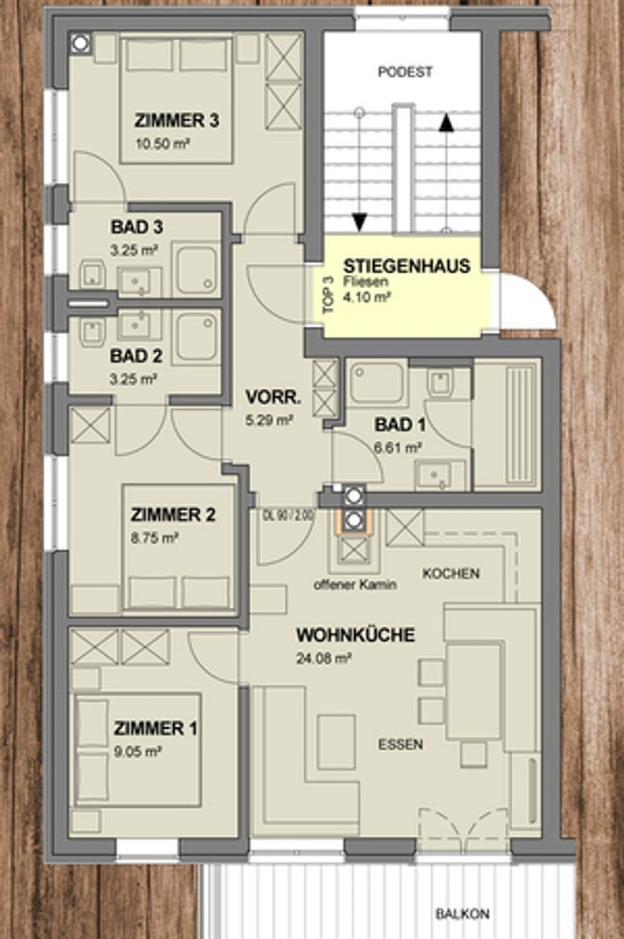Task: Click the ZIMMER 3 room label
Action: tap(176, 120)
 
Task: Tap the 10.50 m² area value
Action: tap(162, 144)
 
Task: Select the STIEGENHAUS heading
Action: tap(406, 265)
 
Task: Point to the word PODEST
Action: tap(405, 72)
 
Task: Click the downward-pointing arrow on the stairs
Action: tap(358, 221)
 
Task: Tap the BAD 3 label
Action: tap(136, 227)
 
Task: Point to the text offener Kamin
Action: tap(355, 584)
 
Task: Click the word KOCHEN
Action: tap(450, 573)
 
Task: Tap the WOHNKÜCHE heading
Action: tap(355, 634)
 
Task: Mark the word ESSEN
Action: tap(400, 744)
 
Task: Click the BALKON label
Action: tap(462, 914)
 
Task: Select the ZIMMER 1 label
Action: tap(155, 728)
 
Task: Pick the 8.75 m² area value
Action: tap(155, 538)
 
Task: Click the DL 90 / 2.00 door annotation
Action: tap(288, 514)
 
